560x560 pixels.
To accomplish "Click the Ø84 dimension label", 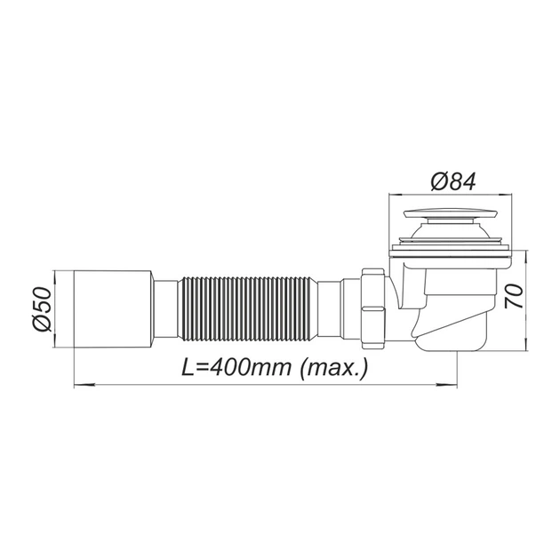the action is coord(452,181).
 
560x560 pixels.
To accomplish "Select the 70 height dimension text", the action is coord(514,296).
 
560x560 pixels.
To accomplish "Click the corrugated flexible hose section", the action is coord(249,308).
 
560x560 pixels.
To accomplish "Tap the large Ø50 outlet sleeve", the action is coord(114,308).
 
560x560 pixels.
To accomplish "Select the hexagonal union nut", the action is coord(374,309).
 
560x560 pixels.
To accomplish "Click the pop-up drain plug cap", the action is coord(450,214).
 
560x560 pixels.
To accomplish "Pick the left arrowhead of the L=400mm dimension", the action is coord(82,385).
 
